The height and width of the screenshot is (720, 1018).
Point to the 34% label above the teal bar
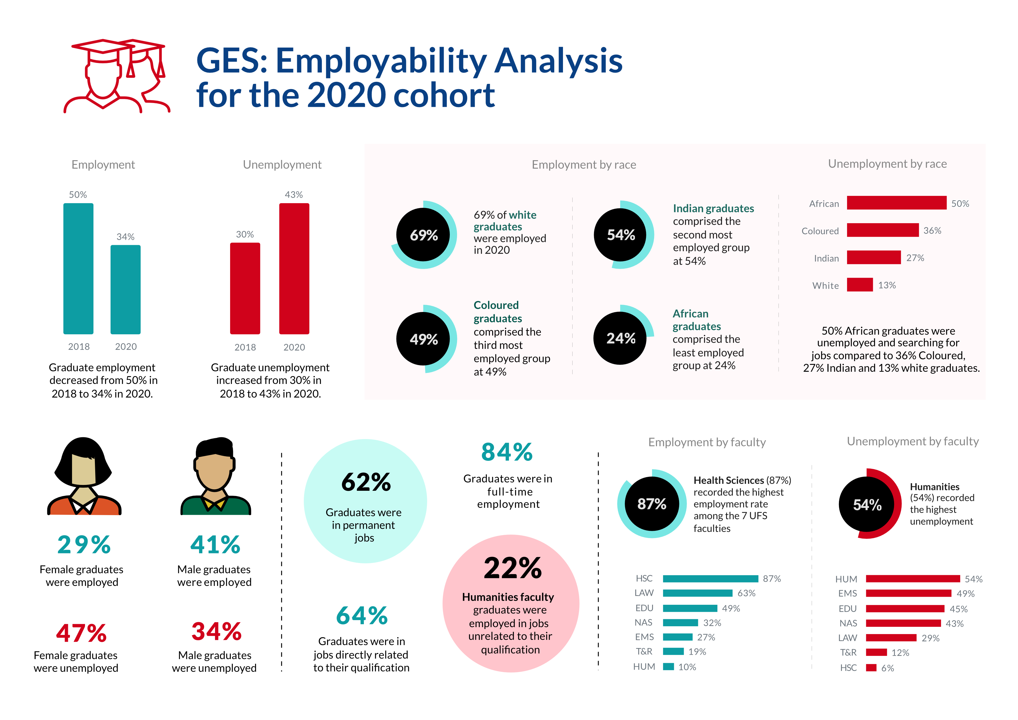point(125,237)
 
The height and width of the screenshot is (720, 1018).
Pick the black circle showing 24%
point(620,338)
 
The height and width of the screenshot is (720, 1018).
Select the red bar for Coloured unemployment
point(882,230)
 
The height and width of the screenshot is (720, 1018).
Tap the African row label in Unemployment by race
point(824,204)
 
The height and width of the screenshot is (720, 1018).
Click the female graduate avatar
point(83,476)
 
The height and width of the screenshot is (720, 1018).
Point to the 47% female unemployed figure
point(82,633)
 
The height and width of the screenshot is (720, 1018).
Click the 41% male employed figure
point(216,545)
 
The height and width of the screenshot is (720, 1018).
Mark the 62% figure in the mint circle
point(366,482)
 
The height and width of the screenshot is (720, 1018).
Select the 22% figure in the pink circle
point(512,569)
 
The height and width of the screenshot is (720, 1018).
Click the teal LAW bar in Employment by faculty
point(697,593)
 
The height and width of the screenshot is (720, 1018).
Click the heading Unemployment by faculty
point(912,442)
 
